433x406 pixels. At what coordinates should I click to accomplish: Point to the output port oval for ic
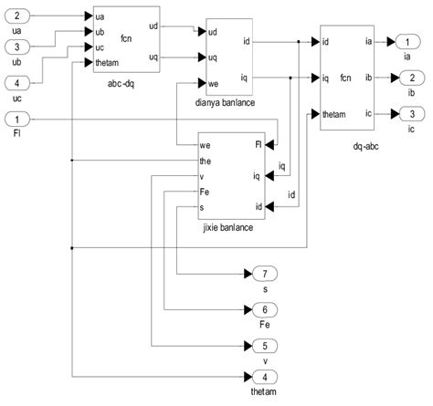pyautogui.click(x=404, y=114)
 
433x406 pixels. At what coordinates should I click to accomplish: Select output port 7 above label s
pyautogui.click(x=258, y=274)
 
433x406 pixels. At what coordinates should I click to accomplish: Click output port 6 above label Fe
pyautogui.click(x=258, y=310)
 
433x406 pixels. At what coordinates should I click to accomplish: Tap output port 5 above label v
pyautogui.click(x=258, y=347)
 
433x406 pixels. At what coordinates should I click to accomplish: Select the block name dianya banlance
pyautogui.click(x=217, y=103)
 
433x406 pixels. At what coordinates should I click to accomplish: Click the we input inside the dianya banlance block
pyautogui.click(x=214, y=84)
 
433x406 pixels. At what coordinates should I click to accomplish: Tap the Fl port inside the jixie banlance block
pyautogui.click(x=259, y=144)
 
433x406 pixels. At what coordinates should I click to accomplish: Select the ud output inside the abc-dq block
pyautogui.click(x=152, y=27)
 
